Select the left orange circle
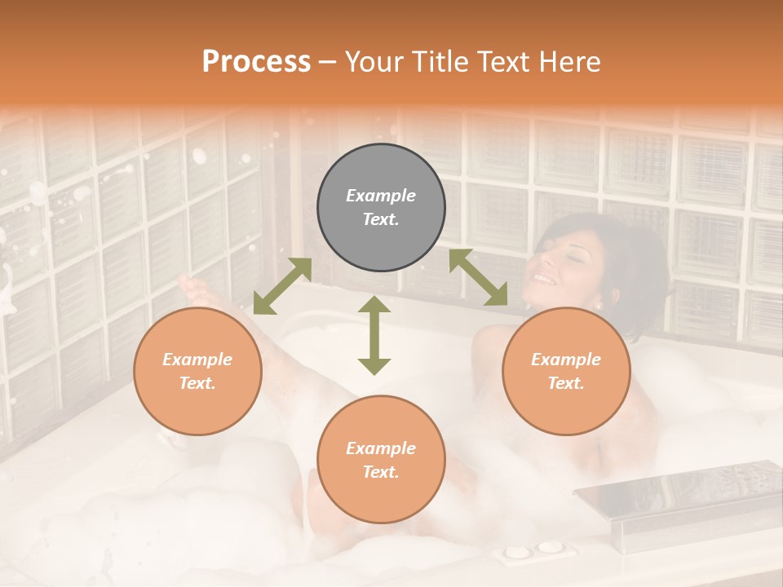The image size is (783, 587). click(197, 371)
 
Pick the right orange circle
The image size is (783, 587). click(566, 371)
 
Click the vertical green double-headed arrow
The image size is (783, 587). click(374, 335)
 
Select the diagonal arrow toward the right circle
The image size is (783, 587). click(478, 278)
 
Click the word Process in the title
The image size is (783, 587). click(256, 61)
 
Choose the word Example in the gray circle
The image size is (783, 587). click(381, 196)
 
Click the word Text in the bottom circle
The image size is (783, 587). click(381, 472)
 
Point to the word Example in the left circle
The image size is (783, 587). click(197, 360)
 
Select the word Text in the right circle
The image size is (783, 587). click(566, 383)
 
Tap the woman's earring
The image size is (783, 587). click(598, 305)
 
